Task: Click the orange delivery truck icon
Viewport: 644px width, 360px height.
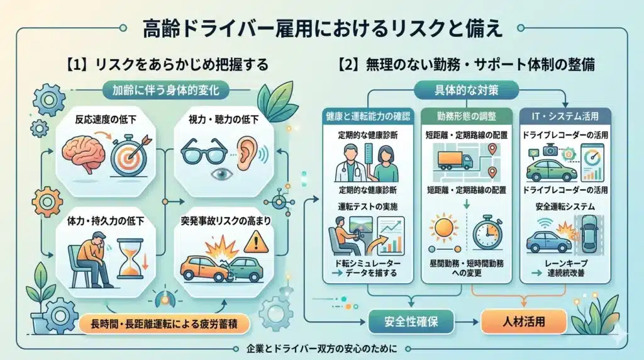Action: (x=454, y=160)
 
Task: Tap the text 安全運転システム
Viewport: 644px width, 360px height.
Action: (x=560, y=205)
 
